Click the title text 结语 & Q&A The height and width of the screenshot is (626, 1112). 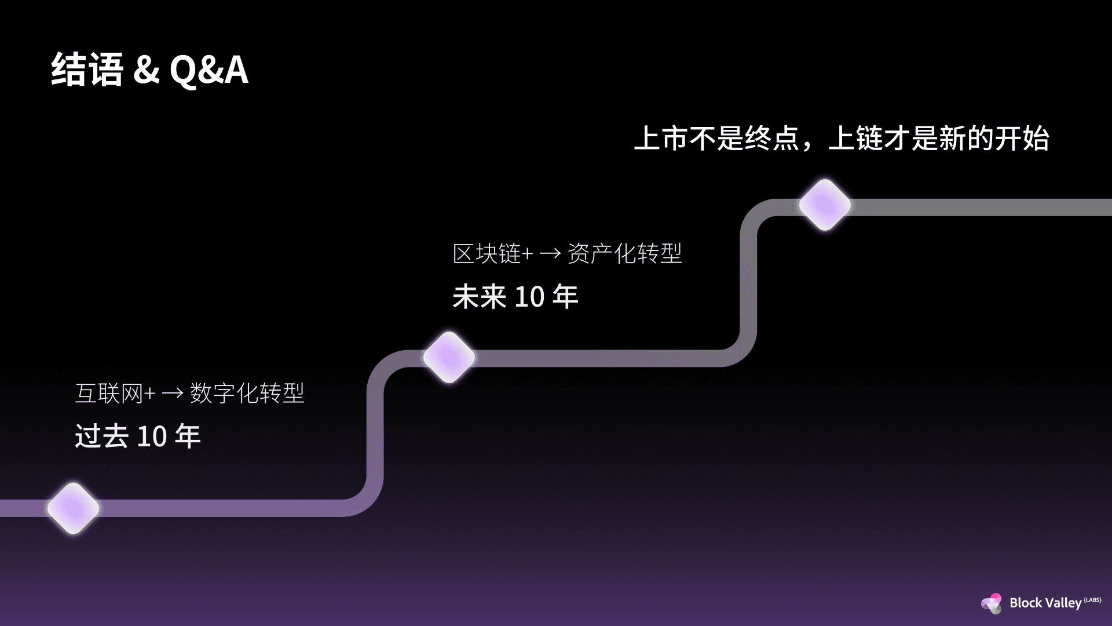pyautogui.click(x=149, y=70)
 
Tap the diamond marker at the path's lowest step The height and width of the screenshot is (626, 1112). pyautogui.click(x=73, y=508)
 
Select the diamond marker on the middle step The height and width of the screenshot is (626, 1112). pyautogui.click(x=449, y=357)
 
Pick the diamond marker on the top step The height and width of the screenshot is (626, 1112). pyautogui.click(x=825, y=205)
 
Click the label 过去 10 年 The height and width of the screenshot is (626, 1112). pyautogui.click(x=138, y=436)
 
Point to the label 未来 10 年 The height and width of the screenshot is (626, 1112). pyautogui.click(x=515, y=296)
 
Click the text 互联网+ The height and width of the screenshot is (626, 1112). pyautogui.click(x=115, y=393)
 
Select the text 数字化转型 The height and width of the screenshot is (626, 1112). pyautogui.click(x=247, y=393)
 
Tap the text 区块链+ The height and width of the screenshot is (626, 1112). pyautogui.click(x=493, y=253)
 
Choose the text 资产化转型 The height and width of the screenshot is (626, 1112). pyautogui.click(x=624, y=253)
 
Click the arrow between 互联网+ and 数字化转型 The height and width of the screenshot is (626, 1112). pyautogui.click(x=173, y=394)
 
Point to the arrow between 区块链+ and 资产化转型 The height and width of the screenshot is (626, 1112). pyautogui.click(x=550, y=254)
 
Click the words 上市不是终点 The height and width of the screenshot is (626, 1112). pyautogui.click(x=716, y=139)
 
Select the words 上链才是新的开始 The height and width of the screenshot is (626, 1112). pyautogui.click(x=939, y=139)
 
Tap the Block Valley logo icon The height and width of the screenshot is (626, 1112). pyautogui.click(x=992, y=603)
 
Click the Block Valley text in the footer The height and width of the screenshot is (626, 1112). pyautogui.click(x=1045, y=603)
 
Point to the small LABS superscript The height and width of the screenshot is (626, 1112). pyautogui.click(x=1092, y=600)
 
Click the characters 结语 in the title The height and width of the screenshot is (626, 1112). pyautogui.click(x=87, y=70)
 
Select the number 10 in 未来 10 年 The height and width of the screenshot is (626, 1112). pyautogui.click(x=529, y=297)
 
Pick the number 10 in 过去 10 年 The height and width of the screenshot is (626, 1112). pyautogui.click(x=152, y=436)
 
